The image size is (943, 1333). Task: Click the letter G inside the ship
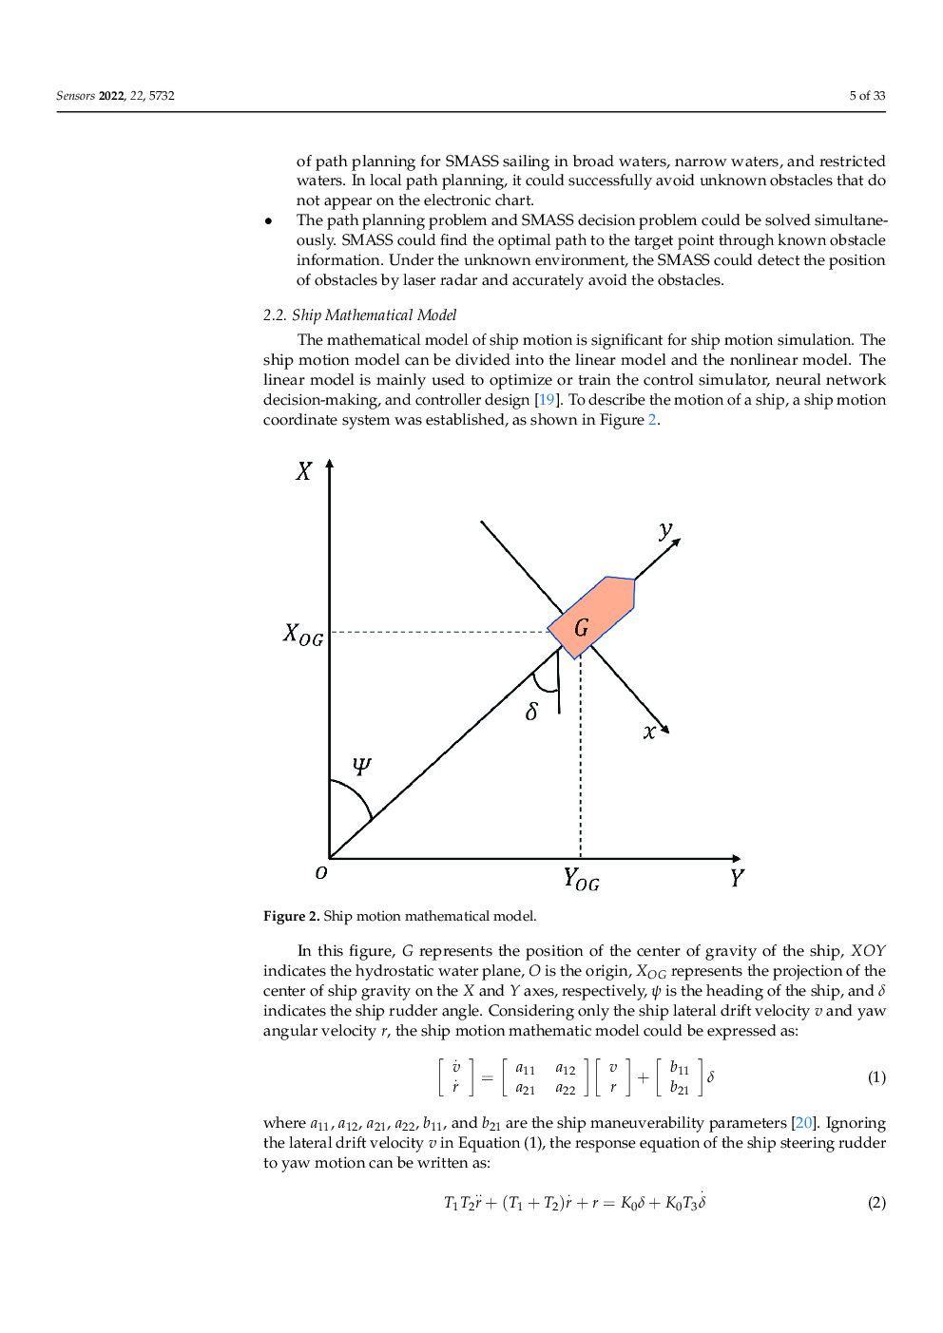[582, 628]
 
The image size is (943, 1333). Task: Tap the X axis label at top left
[303, 471]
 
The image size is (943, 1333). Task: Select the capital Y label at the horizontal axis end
[737, 878]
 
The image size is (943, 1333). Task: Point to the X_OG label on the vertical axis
[303, 635]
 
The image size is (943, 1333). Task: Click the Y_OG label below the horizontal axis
[581, 880]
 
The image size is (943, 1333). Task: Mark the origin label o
[321, 872]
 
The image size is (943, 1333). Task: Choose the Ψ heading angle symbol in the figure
[362, 766]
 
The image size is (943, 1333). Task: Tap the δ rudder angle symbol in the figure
[531, 712]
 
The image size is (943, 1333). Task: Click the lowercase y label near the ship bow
[665, 530]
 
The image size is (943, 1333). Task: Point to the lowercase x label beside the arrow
[649, 732]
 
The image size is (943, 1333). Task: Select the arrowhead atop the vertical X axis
[330, 465]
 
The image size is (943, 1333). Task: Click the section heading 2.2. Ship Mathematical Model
[359, 315]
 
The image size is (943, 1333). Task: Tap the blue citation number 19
[547, 400]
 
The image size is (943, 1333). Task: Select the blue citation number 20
[803, 1123]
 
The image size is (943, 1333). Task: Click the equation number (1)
[876, 1077]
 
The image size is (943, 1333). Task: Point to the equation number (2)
[876, 1203]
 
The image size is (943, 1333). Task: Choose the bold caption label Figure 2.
[291, 917]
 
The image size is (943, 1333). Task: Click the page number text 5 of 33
[867, 96]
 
